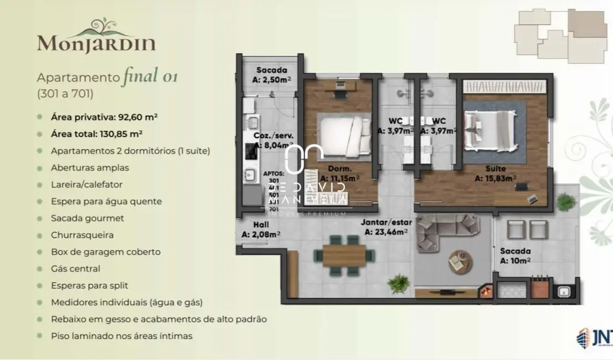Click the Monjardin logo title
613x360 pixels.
[x=96, y=42]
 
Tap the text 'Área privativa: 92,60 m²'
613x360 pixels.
[x=104, y=117]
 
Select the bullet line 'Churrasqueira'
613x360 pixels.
[x=82, y=235]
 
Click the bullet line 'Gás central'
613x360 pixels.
[x=75, y=269]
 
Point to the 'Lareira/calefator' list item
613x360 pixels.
[x=86, y=184]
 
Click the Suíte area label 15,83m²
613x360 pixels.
[x=495, y=173]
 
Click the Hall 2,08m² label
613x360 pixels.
[x=260, y=230]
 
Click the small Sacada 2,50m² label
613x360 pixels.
[x=272, y=74]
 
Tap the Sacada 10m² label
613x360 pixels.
[x=515, y=255]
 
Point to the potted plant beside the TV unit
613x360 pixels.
[x=399, y=284]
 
